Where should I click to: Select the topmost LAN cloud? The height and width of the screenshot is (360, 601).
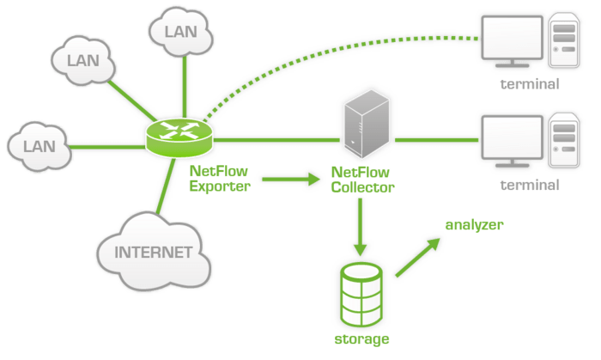point(179,31)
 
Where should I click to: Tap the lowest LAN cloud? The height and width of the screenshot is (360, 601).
point(38,144)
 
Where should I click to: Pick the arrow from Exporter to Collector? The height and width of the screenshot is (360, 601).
point(288,179)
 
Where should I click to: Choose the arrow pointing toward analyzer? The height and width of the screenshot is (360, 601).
point(420,256)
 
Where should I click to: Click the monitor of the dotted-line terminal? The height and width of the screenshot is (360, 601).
point(510,38)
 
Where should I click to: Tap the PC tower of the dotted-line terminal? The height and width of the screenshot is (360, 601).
point(562,42)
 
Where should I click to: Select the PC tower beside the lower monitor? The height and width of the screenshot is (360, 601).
point(562,142)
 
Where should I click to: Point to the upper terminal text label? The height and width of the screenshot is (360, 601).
point(530,84)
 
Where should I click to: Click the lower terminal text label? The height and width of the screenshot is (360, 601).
point(530,185)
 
